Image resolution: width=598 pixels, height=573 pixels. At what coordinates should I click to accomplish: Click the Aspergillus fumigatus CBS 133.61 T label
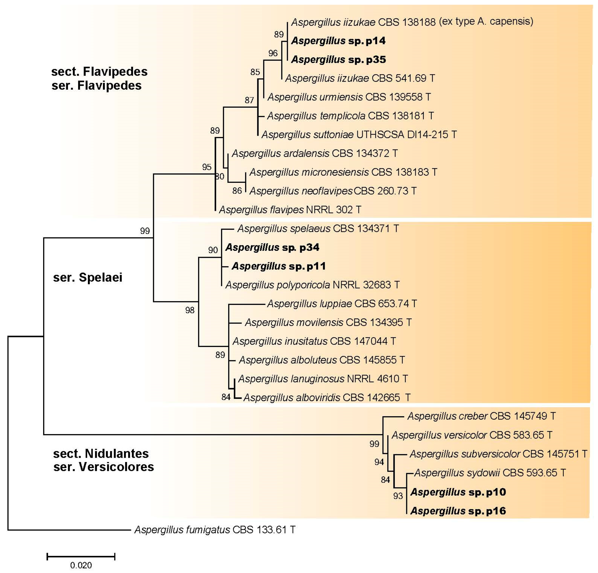click(215, 529)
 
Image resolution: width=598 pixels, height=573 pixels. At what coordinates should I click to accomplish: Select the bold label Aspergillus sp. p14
click(338, 41)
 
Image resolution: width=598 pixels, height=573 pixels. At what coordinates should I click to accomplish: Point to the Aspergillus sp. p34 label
click(272, 247)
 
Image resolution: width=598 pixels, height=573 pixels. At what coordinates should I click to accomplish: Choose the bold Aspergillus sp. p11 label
click(278, 266)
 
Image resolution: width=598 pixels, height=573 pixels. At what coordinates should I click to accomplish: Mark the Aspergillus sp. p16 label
click(458, 511)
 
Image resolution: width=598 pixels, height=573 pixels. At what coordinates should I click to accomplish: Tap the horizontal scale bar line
click(81, 556)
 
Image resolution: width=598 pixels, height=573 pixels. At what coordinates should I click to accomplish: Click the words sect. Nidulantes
click(101, 454)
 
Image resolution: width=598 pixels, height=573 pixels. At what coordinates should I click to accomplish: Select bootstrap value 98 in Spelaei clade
click(190, 310)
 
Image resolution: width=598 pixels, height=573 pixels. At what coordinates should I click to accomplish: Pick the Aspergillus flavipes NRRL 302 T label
click(290, 210)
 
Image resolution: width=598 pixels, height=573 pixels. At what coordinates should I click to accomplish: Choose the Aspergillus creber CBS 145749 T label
click(481, 416)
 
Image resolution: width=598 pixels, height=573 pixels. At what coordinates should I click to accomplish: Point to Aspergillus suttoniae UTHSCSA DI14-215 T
click(359, 135)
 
